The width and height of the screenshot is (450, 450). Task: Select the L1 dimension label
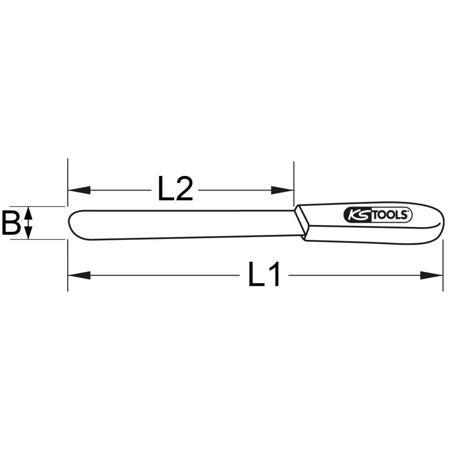[265, 275]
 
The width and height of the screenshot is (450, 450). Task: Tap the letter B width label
[10, 223]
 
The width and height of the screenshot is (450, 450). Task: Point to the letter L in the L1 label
[256, 275]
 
